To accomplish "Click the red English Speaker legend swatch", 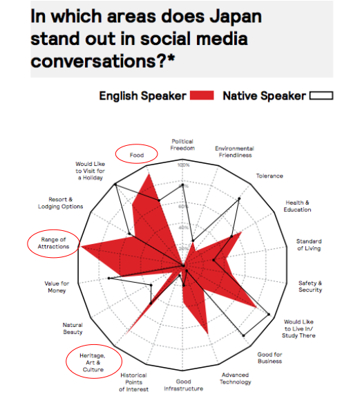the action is pyautogui.click(x=202, y=95).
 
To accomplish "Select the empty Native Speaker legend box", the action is pyautogui.click(x=321, y=95).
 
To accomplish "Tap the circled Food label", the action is pyautogui.click(x=137, y=155).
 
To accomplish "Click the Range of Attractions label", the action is pyautogui.click(x=53, y=243).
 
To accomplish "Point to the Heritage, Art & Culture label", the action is pyautogui.click(x=93, y=363).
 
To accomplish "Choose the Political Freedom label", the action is pyautogui.click(x=182, y=144).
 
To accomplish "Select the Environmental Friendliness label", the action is pyautogui.click(x=235, y=152).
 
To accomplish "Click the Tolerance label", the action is pyautogui.click(x=269, y=176).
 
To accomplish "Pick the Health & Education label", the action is pyautogui.click(x=297, y=206).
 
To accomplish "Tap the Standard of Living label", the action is pyautogui.click(x=309, y=245).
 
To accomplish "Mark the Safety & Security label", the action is pyautogui.click(x=310, y=286).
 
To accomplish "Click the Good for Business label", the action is pyautogui.click(x=269, y=358).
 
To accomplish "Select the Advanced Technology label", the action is pyautogui.click(x=235, y=378).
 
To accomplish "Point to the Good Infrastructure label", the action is pyautogui.click(x=184, y=385).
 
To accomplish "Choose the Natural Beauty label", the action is pyautogui.click(x=73, y=328).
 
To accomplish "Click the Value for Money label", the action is pyautogui.click(x=57, y=287).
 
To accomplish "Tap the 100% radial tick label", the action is pyautogui.click(x=183, y=165).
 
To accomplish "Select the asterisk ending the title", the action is pyautogui.click(x=171, y=57).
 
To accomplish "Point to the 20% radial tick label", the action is pyautogui.click(x=184, y=248).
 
